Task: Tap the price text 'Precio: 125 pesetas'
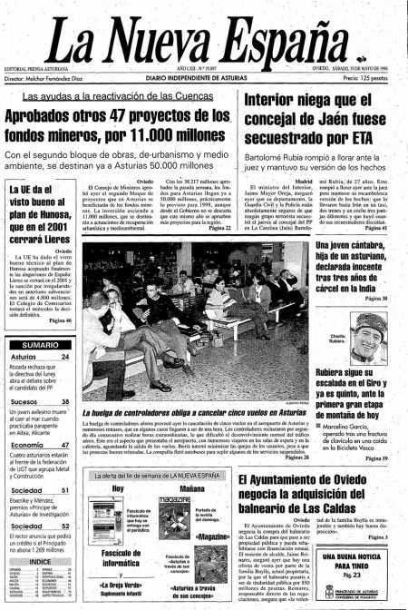coord(370,80)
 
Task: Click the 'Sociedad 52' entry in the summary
coord(28,526)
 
